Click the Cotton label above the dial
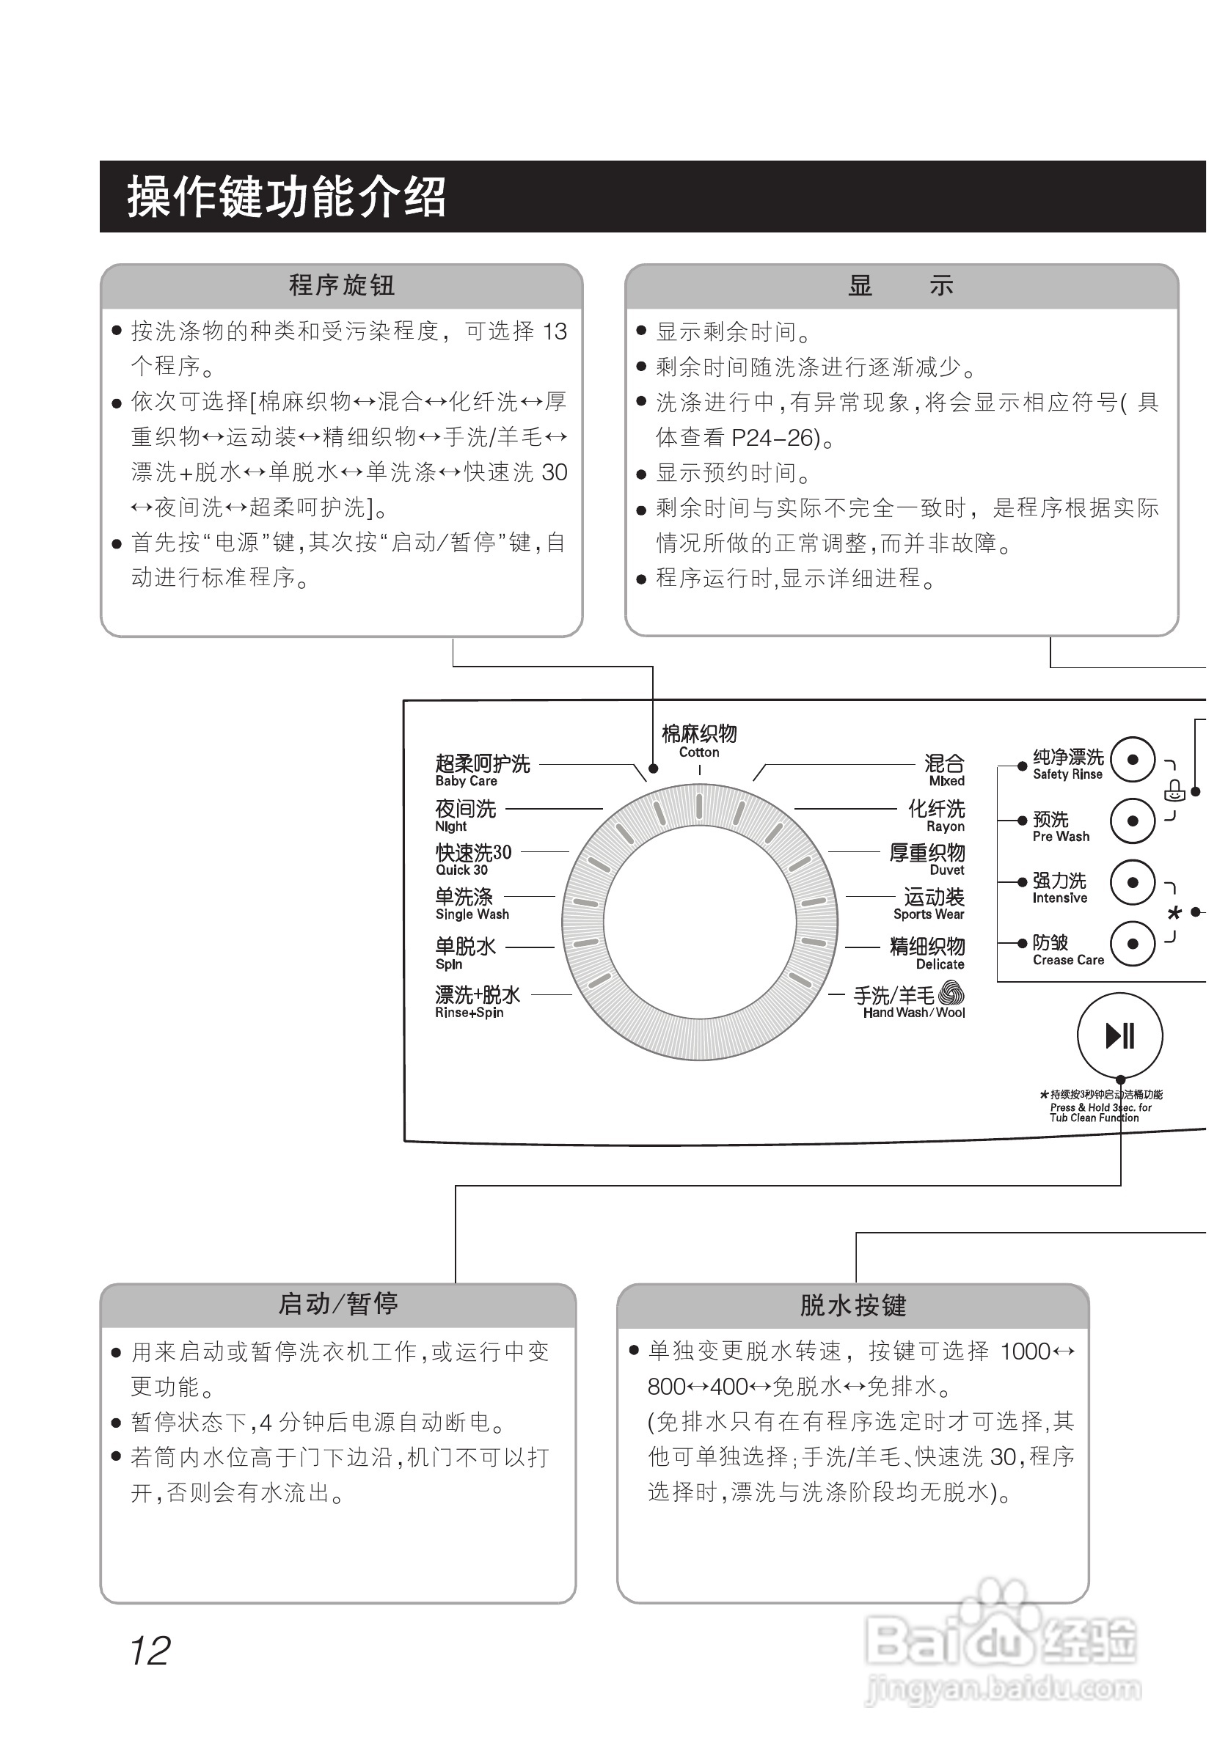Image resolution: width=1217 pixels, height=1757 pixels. (x=698, y=740)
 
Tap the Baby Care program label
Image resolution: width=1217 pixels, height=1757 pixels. (x=481, y=770)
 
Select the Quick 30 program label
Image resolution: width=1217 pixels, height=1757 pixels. (x=472, y=859)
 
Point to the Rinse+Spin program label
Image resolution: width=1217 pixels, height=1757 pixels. (x=477, y=1002)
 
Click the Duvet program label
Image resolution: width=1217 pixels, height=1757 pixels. (x=927, y=859)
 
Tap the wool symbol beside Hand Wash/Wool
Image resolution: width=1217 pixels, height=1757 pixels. (x=951, y=993)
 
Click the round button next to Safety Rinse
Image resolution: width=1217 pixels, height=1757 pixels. (x=1133, y=760)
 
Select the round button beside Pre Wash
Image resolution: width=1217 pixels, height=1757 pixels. (x=1133, y=821)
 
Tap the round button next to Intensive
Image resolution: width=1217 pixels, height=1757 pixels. (x=1133, y=883)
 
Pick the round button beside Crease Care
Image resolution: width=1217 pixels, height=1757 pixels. (x=1133, y=944)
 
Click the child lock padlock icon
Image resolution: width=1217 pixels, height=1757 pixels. (x=1174, y=791)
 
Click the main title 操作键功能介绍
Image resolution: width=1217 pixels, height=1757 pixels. (x=286, y=197)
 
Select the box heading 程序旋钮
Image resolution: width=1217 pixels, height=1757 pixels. (x=341, y=286)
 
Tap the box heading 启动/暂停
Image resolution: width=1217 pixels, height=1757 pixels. (x=337, y=1305)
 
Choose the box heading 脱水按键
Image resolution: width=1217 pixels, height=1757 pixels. (x=852, y=1306)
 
